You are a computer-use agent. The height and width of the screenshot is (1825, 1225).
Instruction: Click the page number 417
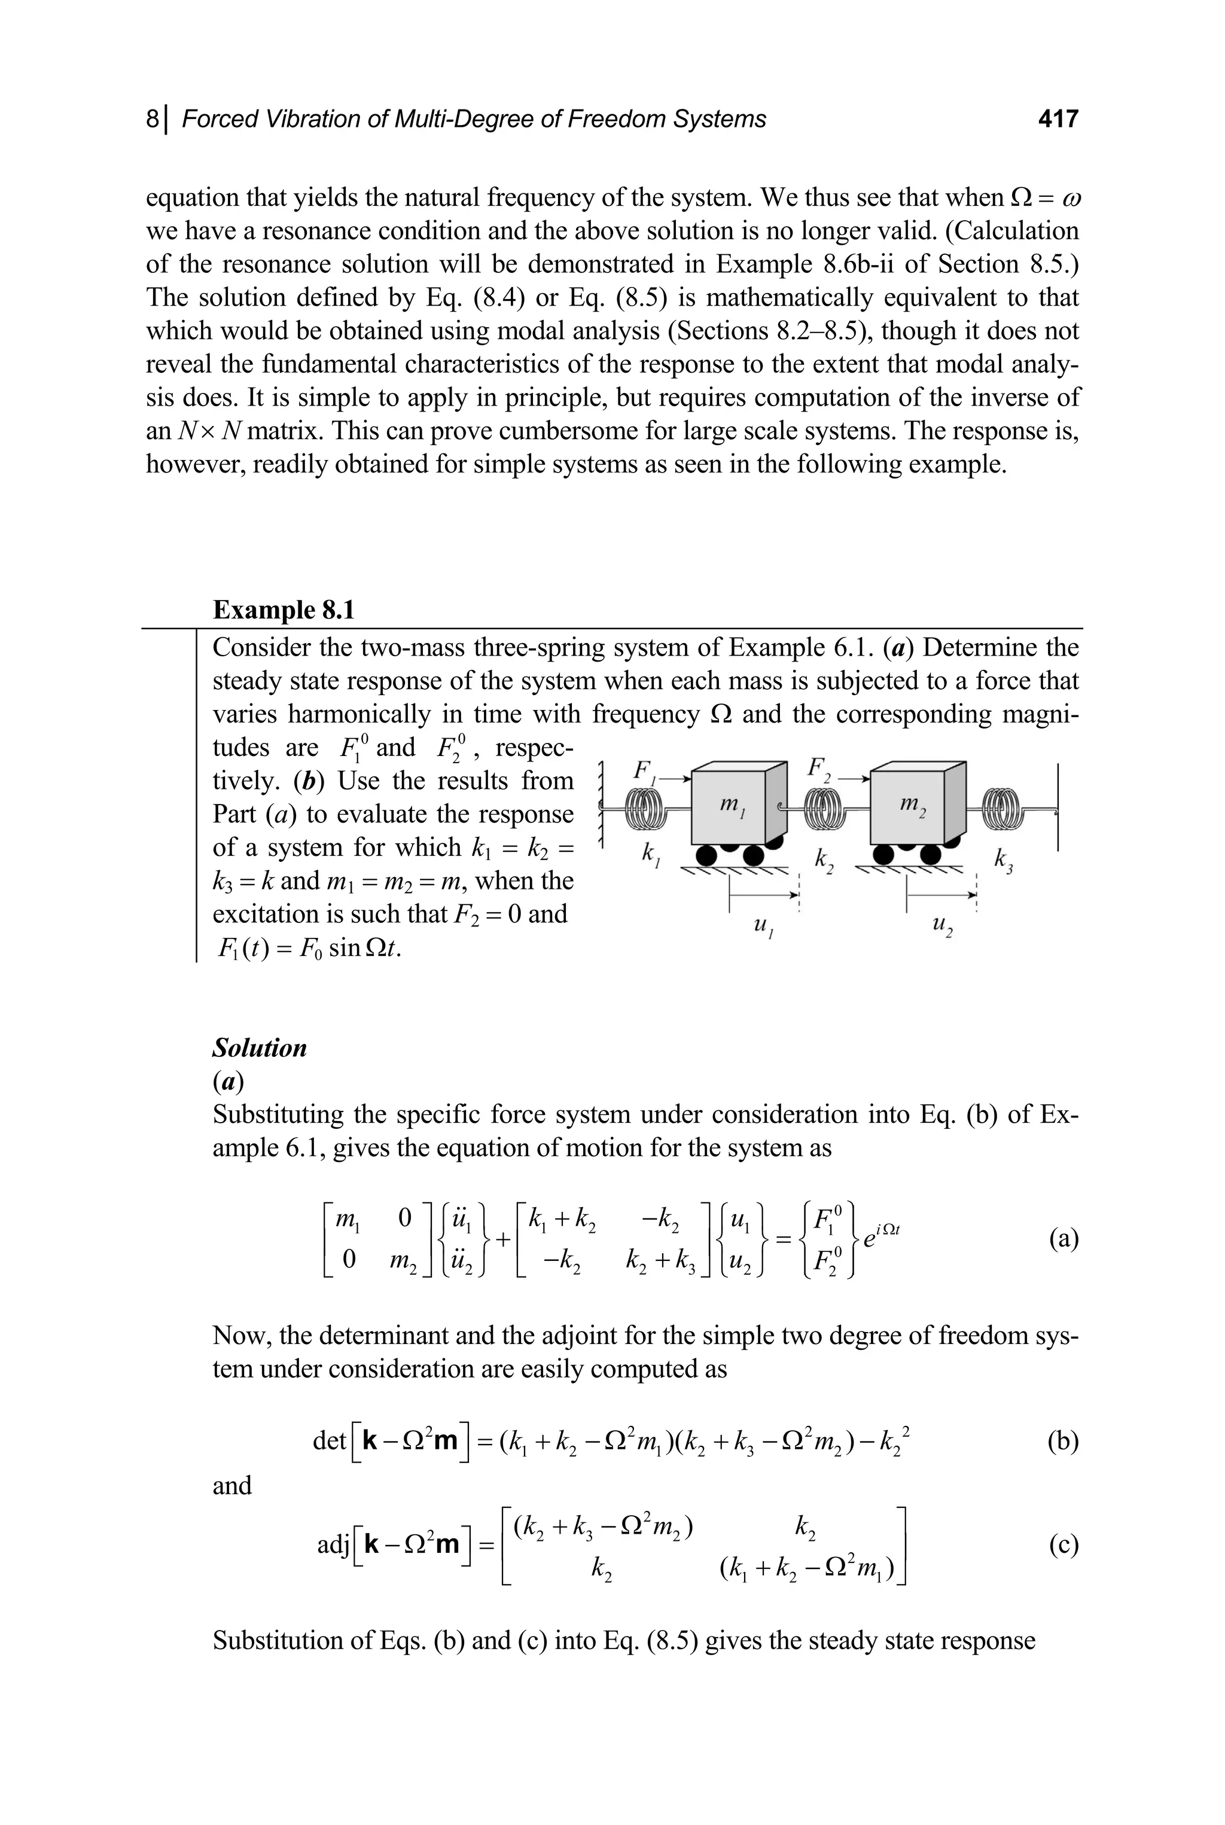[x=1058, y=119]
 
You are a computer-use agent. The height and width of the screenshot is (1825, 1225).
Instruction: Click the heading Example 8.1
[x=284, y=610]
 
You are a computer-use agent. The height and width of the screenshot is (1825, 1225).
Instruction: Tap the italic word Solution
[x=260, y=1047]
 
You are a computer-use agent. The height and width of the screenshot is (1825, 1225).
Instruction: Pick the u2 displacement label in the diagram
[x=941, y=927]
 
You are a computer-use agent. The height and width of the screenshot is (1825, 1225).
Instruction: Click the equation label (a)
[x=1064, y=1240]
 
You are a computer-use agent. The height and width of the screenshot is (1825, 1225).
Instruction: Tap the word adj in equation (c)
[x=333, y=1544]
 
